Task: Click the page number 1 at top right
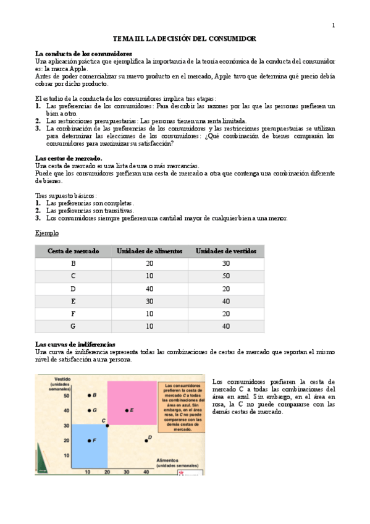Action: tap(334, 25)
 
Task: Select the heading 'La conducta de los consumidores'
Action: tap(83, 54)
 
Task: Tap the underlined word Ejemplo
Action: tap(47, 234)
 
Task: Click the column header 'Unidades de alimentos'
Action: tap(149, 251)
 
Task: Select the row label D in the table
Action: tap(74, 289)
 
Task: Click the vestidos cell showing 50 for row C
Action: tap(225, 276)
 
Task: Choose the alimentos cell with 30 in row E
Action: tap(149, 301)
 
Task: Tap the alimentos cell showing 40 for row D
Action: tap(149, 289)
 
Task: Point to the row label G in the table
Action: tap(74, 326)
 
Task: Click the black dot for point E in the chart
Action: tap(127, 410)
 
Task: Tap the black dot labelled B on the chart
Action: tap(89, 395)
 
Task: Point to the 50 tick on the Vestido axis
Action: tap(67, 395)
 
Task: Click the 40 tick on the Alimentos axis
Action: tap(146, 471)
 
